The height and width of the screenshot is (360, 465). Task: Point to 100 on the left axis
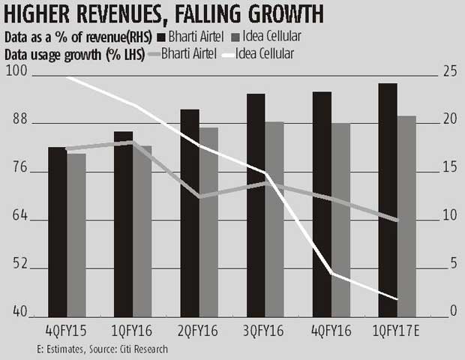pos(16,72)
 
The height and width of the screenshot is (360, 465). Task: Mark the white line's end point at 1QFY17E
pos(397,298)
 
